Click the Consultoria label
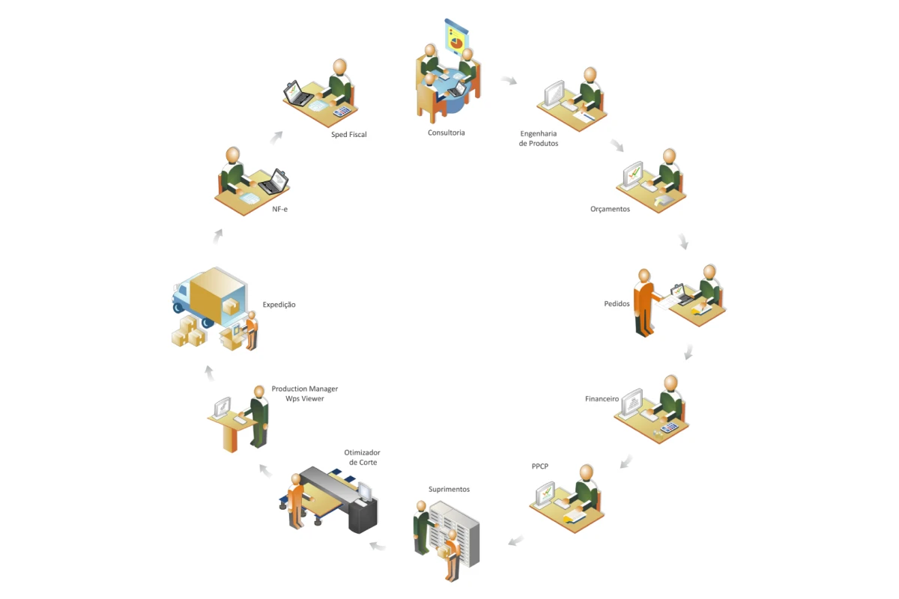tap(446, 133)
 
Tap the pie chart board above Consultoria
tap(456, 37)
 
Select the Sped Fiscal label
tap(349, 135)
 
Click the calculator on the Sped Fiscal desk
tap(342, 111)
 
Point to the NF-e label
tap(279, 209)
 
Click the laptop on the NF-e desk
tap(274, 182)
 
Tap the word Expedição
tap(279, 305)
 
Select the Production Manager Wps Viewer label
tap(305, 394)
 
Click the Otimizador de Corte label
tap(362, 457)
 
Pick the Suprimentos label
tap(449, 489)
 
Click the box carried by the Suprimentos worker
tap(443, 552)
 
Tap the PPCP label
tap(540, 466)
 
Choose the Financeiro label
tap(602, 399)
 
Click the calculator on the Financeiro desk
tap(669, 428)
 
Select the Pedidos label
tap(617, 304)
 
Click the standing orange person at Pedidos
tap(645, 303)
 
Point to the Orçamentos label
tap(610, 209)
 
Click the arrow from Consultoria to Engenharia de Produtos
tap(509, 80)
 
